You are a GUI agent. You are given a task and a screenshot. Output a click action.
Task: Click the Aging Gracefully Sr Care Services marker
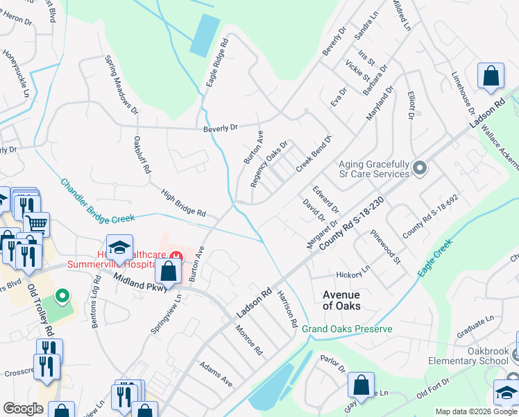pos(419,168)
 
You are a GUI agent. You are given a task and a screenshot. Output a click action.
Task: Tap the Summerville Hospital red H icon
pos(176,256)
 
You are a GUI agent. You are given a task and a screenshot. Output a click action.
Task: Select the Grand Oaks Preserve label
pos(347,329)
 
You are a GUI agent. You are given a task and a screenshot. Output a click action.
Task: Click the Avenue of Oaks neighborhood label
pos(341,300)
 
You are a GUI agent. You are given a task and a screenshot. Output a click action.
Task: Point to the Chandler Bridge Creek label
pos(97,202)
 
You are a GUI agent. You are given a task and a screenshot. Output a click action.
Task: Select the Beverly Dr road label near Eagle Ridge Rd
pos(221,128)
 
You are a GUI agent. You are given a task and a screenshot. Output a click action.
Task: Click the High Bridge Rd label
pos(184,203)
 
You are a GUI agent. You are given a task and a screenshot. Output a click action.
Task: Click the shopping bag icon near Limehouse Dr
pos(491,77)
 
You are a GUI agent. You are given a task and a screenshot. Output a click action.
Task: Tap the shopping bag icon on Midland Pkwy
pos(169,273)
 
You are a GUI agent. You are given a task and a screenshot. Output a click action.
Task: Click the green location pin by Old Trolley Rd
pos(63,297)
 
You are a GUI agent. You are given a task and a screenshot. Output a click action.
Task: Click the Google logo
pos(24,409)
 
